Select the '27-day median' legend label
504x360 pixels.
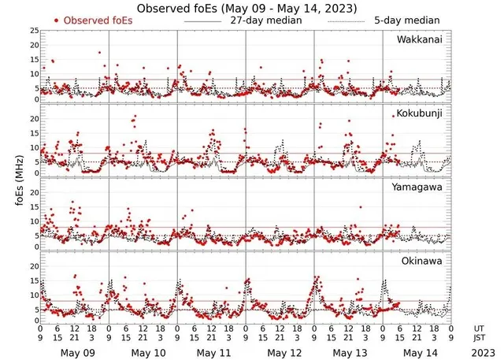coord(266,20)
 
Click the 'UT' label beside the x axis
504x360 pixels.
coord(479,328)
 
